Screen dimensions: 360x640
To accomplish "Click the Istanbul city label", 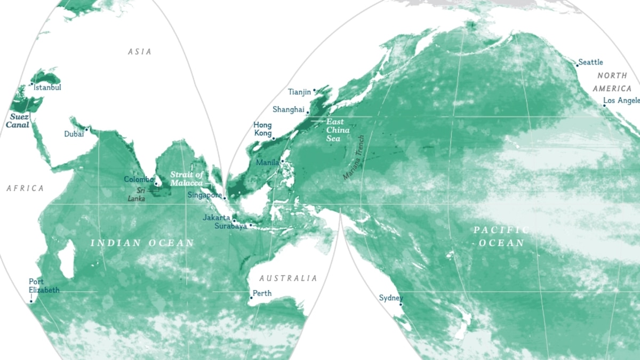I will coord(47,87).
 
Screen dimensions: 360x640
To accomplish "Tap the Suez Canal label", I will coord(18,120).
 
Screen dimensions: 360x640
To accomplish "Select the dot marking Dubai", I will coord(86,129).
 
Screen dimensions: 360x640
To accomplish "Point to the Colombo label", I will coord(139,179).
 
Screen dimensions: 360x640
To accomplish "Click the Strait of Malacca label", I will coord(187,179).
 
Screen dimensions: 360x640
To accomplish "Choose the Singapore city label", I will coord(204,195).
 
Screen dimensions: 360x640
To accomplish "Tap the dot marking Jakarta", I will coord(234,220).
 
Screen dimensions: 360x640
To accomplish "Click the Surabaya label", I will coord(230,226).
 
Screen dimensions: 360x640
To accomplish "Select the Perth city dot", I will coord(251,298).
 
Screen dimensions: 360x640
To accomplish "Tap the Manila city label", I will coord(267,162).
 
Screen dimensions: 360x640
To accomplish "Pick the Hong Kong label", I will coord(262,129).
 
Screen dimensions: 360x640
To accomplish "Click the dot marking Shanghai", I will coord(308,113).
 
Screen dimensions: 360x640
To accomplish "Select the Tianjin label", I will coord(299,92).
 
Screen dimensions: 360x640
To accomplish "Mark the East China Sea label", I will coord(338,130).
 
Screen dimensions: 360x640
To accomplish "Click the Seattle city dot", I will coord(577,65).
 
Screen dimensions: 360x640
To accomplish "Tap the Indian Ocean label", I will coord(142,243).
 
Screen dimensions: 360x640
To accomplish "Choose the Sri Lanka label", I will coord(138,194).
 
